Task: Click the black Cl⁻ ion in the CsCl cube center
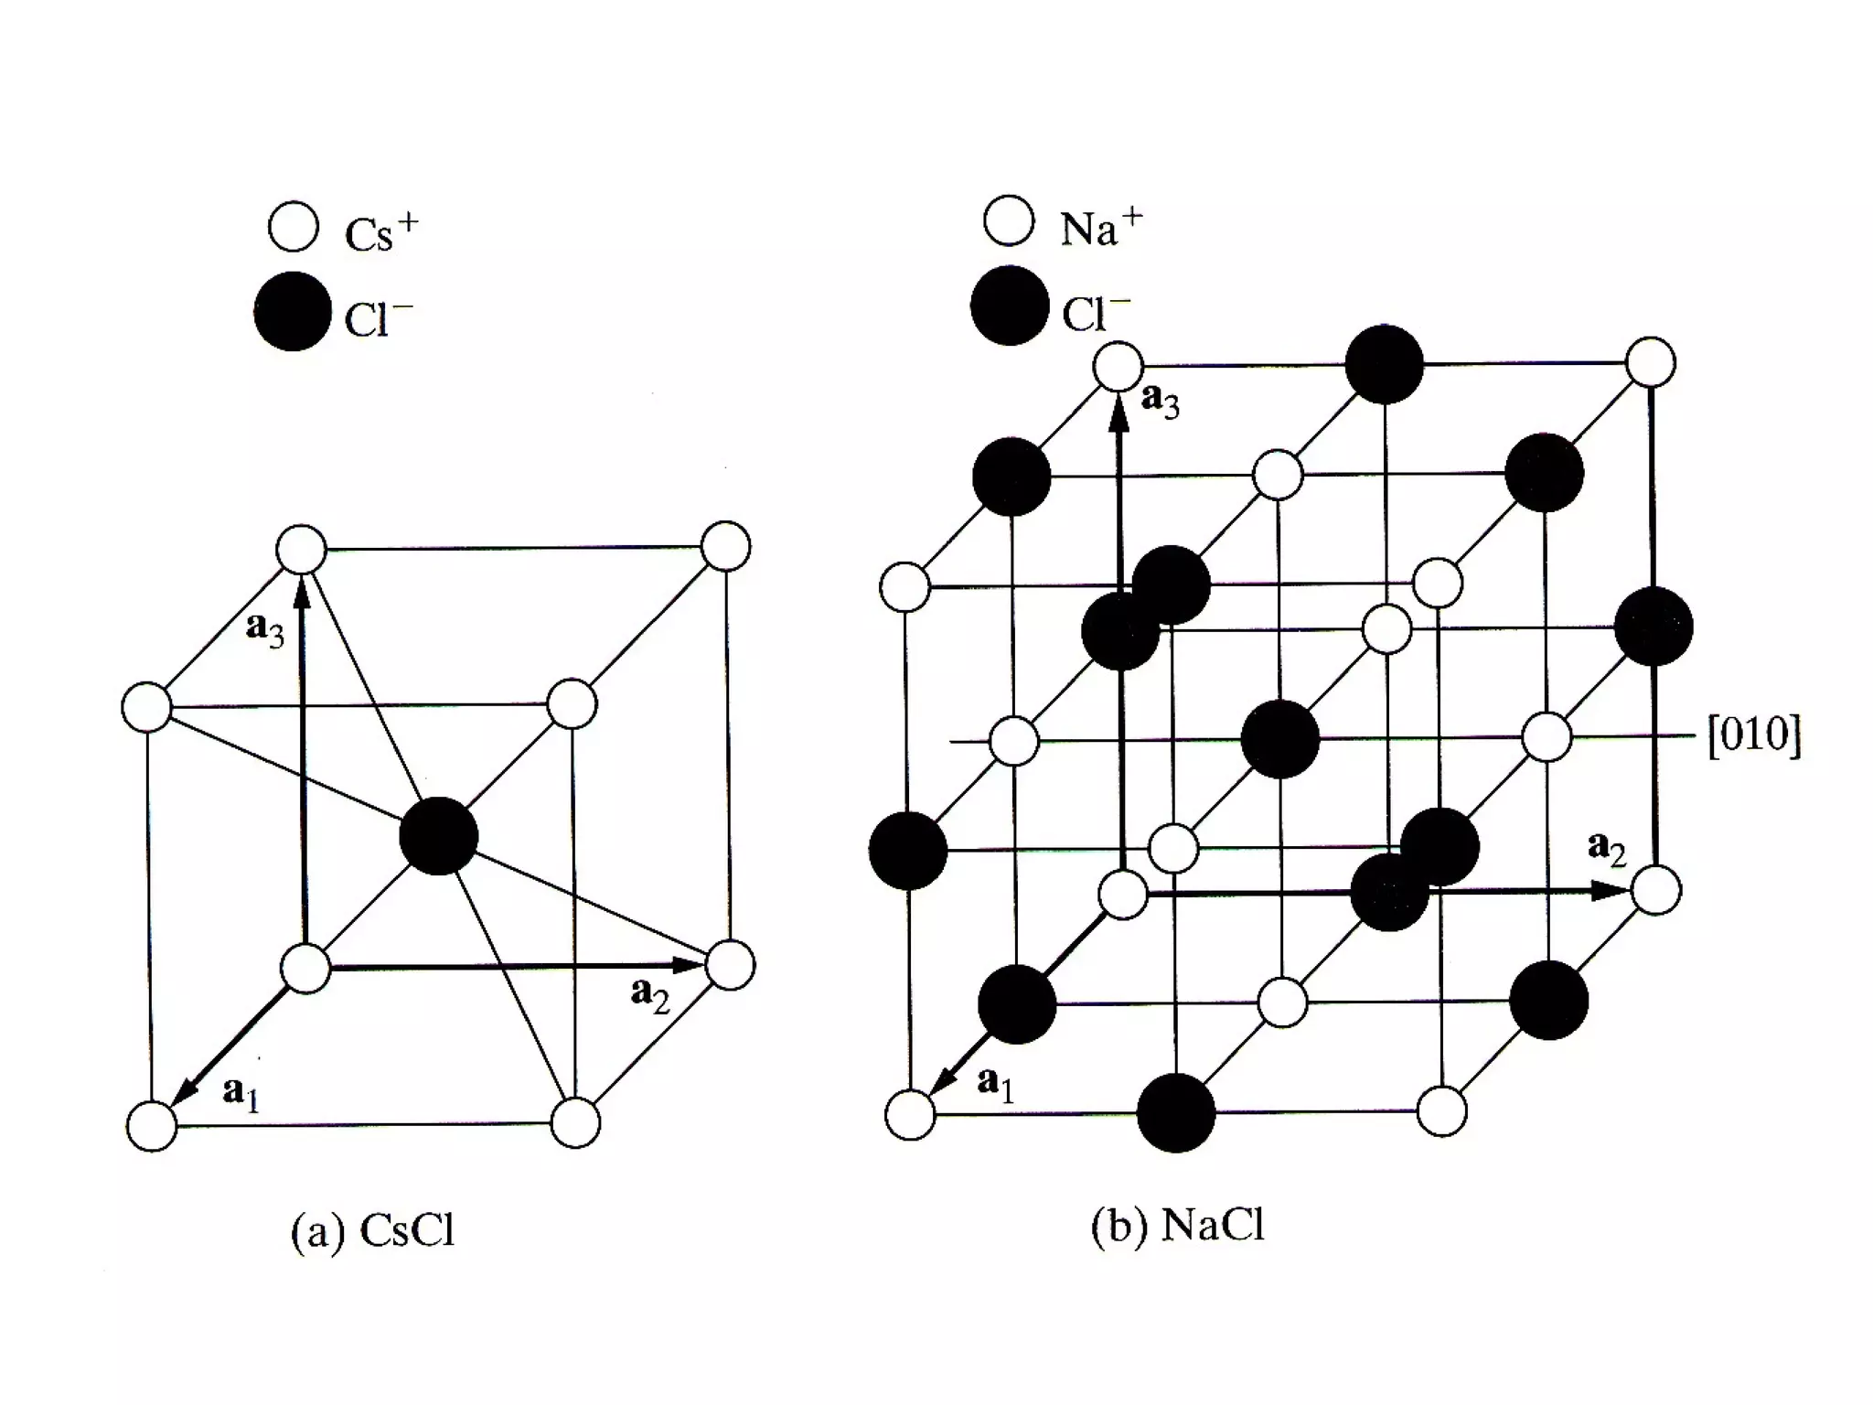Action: click(x=439, y=836)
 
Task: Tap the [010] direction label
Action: click(x=1754, y=735)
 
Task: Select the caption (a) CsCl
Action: click(x=372, y=1231)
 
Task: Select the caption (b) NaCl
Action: click(x=1178, y=1226)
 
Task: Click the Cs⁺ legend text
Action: click(x=380, y=232)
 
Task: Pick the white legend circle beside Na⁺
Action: click(x=1009, y=221)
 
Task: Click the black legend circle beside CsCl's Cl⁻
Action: click(x=293, y=311)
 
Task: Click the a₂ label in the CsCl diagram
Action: click(x=650, y=993)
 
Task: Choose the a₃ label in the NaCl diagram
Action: click(x=1160, y=400)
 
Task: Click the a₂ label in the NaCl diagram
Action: click(x=1607, y=848)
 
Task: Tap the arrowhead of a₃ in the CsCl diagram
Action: click(x=303, y=593)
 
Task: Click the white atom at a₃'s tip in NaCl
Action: click(x=1118, y=367)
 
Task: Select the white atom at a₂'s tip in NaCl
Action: click(x=1655, y=890)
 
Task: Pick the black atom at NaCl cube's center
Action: click(x=1280, y=739)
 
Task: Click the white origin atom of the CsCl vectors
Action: click(x=305, y=969)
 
